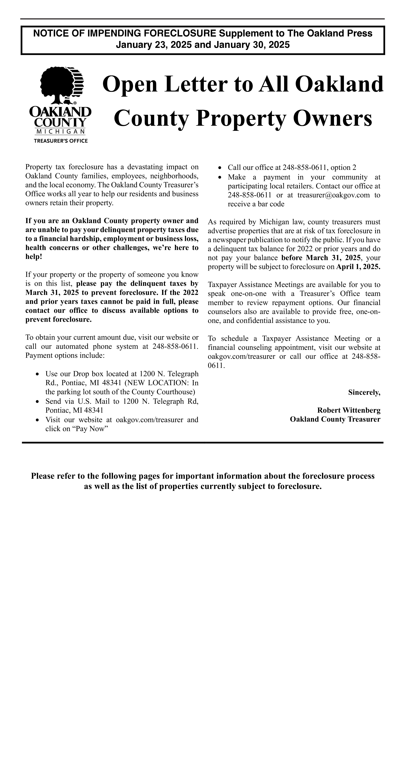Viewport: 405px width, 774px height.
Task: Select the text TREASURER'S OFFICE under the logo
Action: [61, 141]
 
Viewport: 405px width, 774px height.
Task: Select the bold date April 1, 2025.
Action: [358, 267]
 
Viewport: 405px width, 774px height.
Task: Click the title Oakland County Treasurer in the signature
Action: [335, 419]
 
